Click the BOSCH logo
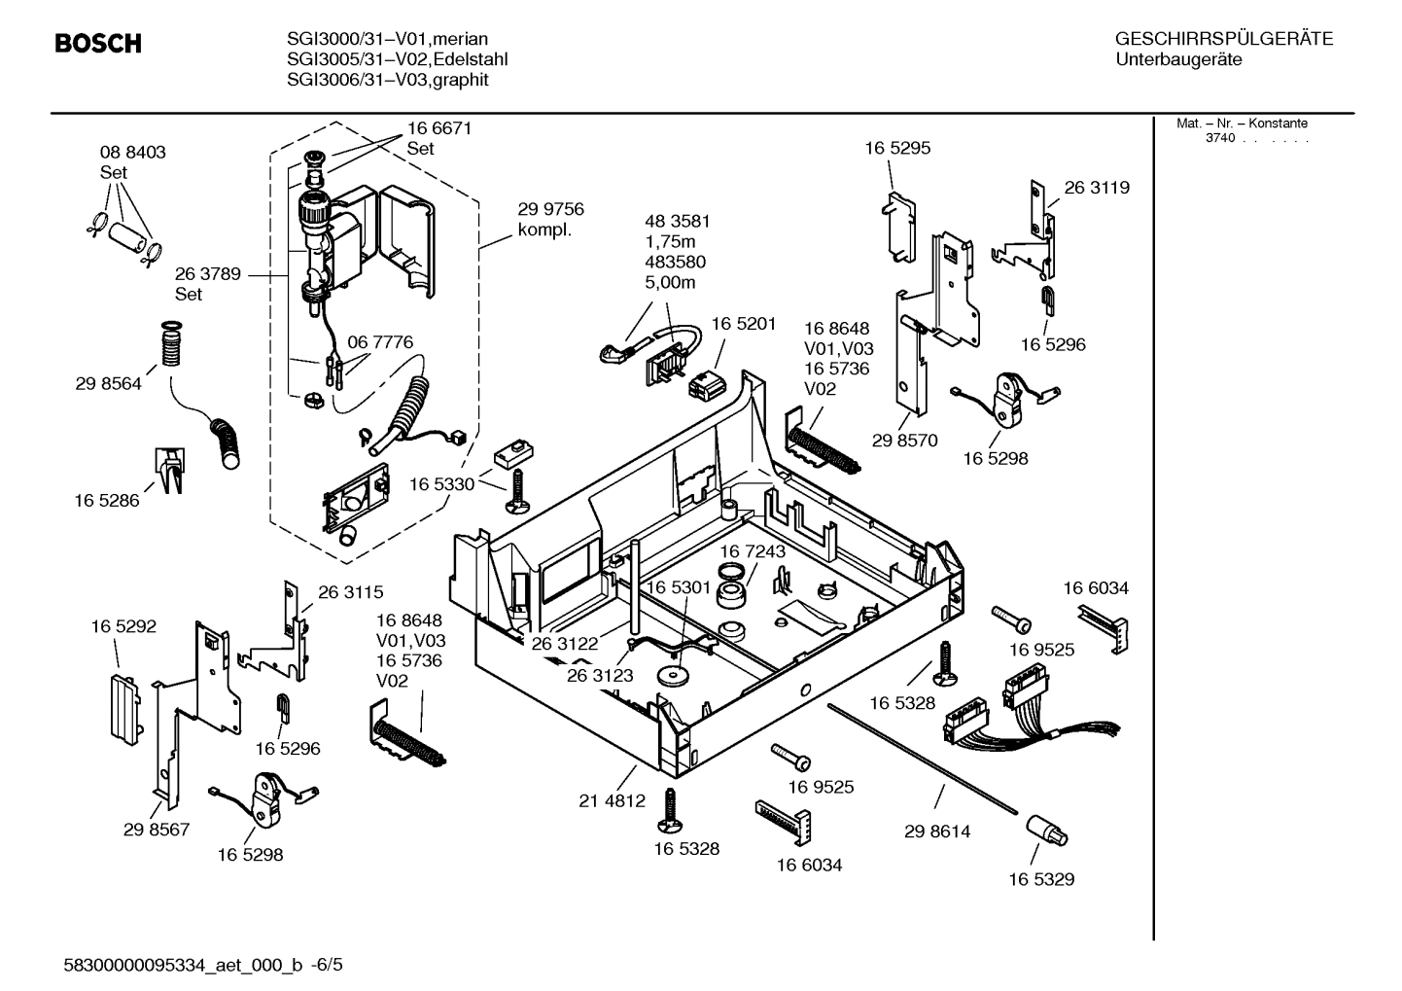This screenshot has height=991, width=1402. click(98, 44)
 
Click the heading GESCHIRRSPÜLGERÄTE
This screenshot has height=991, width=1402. click(1223, 39)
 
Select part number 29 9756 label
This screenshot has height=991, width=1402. click(550, 209)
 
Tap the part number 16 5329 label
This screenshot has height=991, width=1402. click(1040, 879)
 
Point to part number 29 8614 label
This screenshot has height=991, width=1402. click(936, 832)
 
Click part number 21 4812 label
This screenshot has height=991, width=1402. click(612, 800)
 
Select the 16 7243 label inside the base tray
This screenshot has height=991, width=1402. click(753, 551)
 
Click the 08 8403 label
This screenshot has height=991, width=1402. click(132, 153)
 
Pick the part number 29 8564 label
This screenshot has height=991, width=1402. click(108, 384)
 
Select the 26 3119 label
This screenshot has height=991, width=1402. click(1097, 188)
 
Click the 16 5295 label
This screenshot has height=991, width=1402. click(897, 148)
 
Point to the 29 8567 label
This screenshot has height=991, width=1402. click(156, 830)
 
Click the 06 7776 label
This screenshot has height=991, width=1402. click(380, 342)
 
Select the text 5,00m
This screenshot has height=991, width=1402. click(670, 283)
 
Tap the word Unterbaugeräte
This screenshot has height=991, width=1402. click(1178, 60)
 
